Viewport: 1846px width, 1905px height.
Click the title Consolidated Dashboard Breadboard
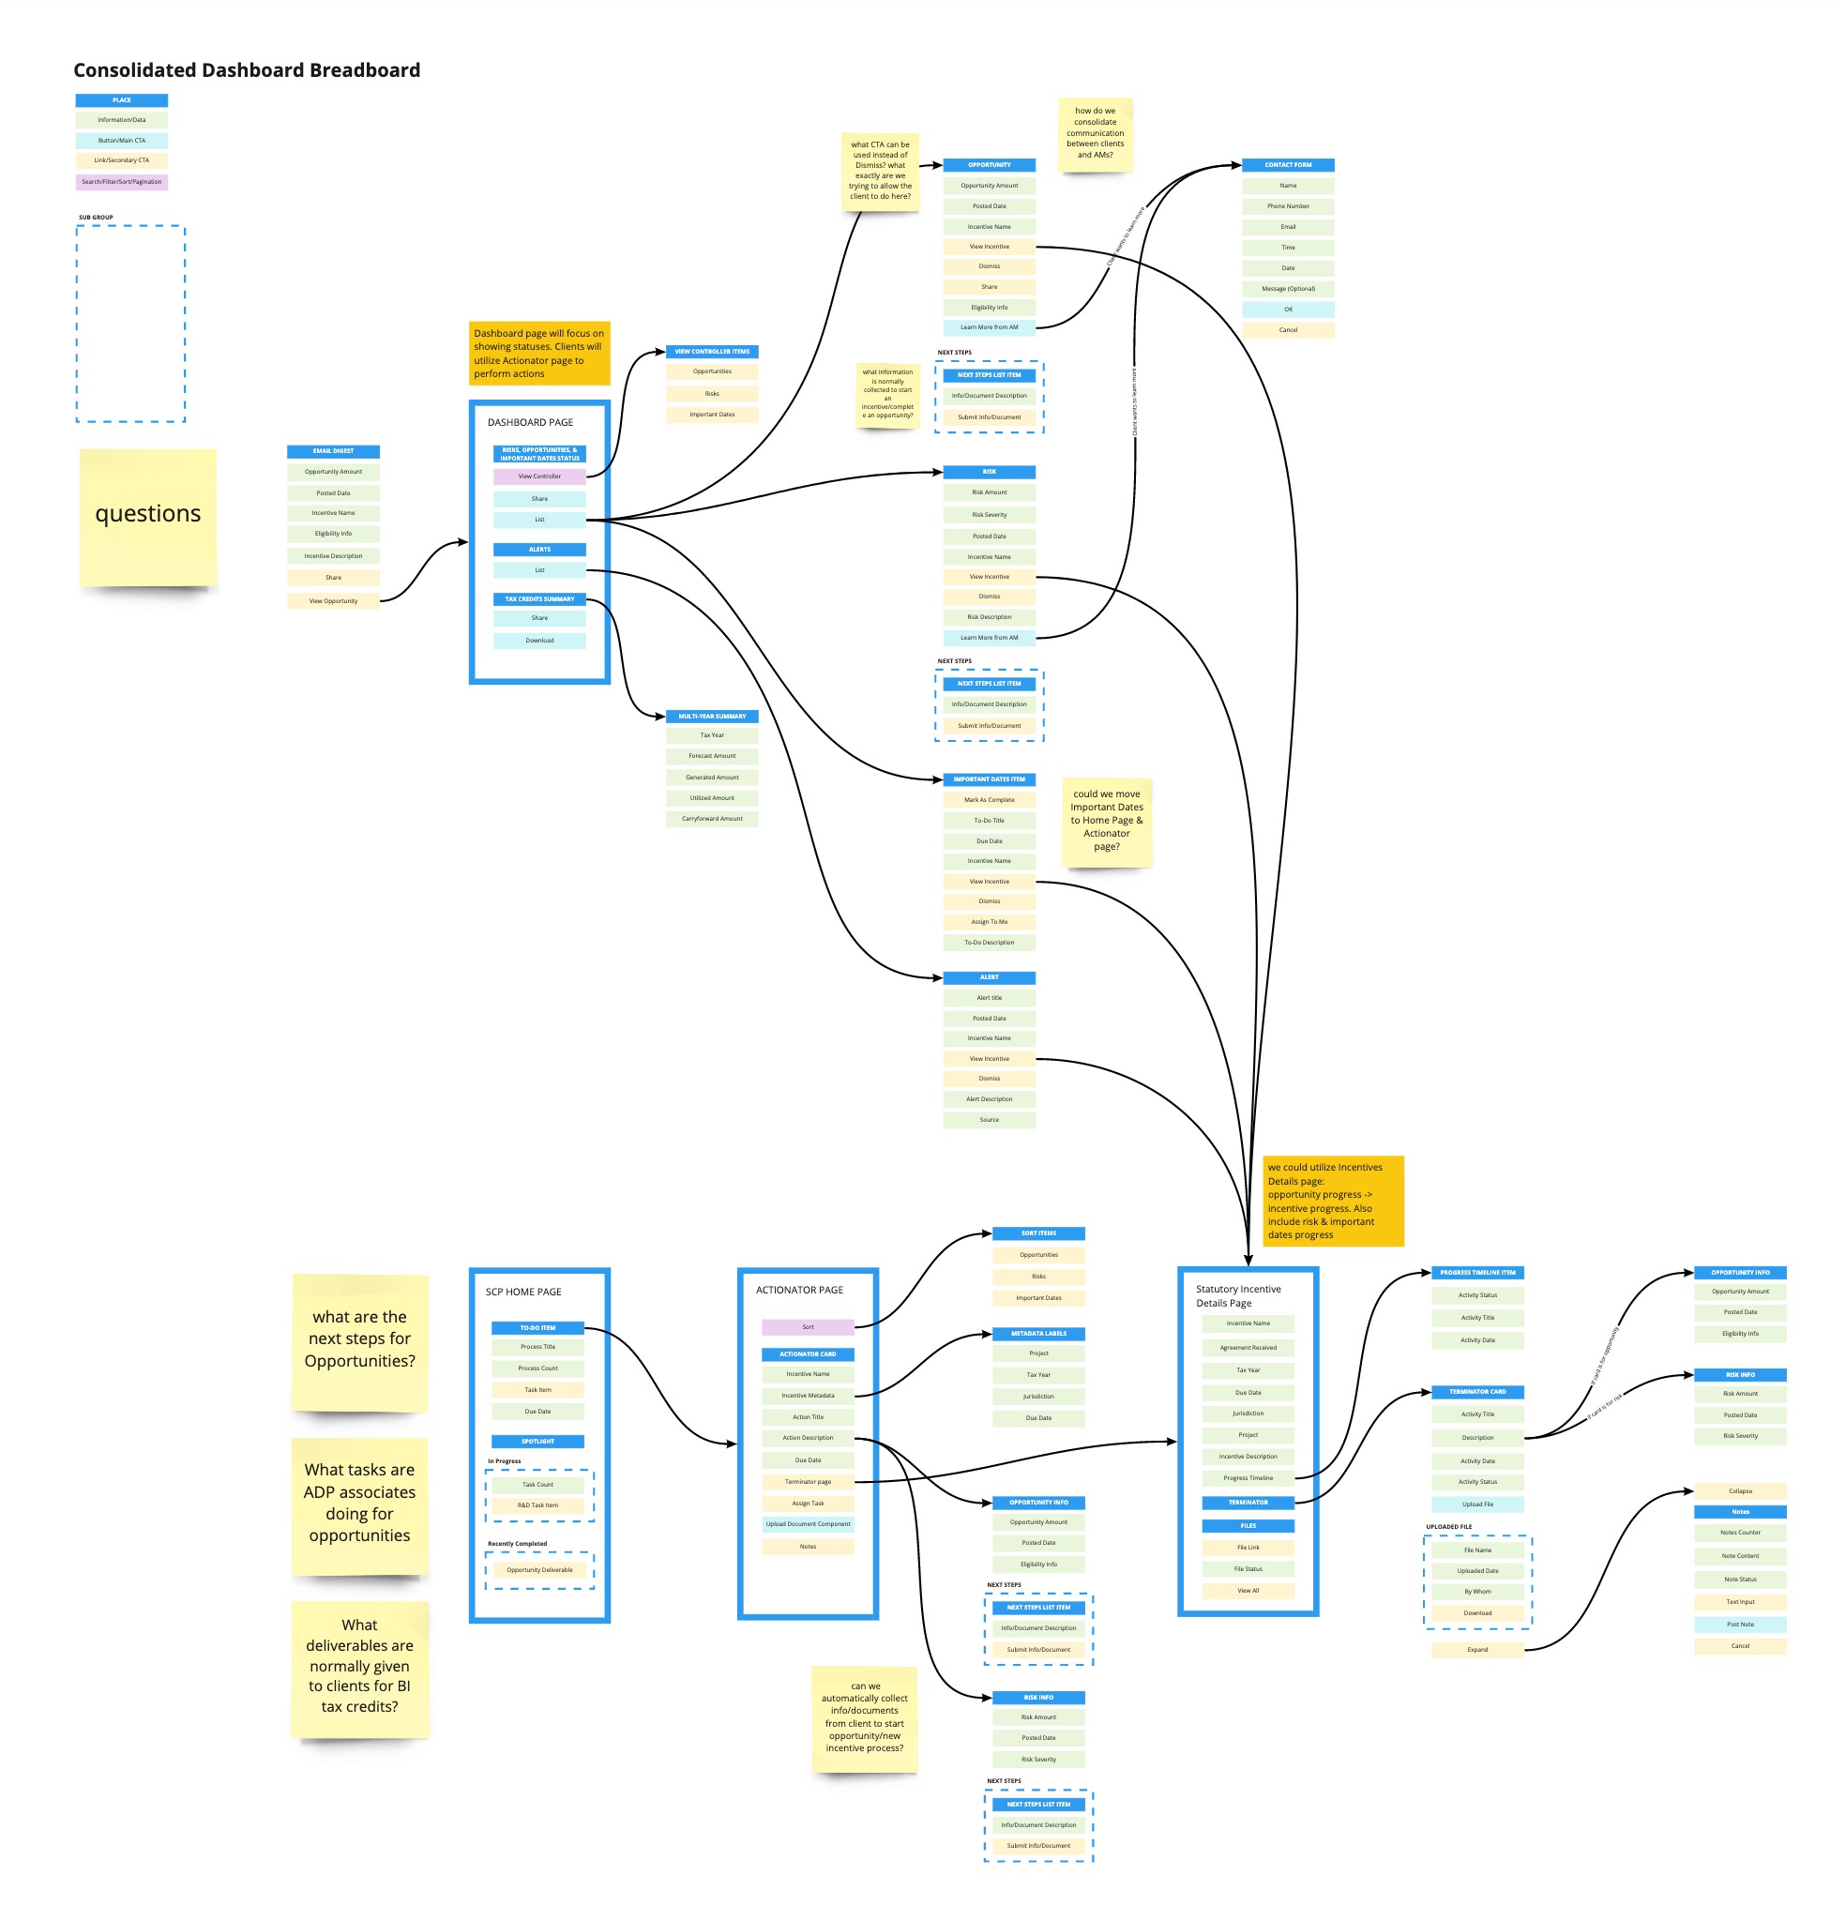(247, 70)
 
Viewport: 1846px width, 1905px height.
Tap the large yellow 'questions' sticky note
(148, 516)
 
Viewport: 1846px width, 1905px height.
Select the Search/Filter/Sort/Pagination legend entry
(122, 182)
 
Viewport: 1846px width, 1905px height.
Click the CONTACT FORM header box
(1287, 165)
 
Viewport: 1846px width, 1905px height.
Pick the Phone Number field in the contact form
(1287, 206)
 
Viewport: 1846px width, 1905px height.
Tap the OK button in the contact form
(1287, 310)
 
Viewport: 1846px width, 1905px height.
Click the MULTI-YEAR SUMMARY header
(712, 717)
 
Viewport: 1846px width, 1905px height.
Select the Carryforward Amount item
(712, 819)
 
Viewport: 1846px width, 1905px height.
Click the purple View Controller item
(538, 476)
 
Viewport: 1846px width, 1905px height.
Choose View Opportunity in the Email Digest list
(332, 600)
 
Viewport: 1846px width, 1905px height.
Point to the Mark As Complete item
(989, 800)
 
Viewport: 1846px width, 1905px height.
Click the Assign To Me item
(989, 921)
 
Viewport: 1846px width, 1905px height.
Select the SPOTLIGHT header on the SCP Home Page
(537, 1442)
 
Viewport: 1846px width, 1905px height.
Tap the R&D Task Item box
(537, 1504)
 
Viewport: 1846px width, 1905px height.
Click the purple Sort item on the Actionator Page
(807, 1326)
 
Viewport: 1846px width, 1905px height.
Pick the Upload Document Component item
(807, 1524)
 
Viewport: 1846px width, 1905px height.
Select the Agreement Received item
(1248, 1347)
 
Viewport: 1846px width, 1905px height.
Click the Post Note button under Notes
(1739, 1625)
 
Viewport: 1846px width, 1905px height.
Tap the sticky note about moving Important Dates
(1106, 821)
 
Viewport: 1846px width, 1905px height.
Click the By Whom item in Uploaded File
(1476, 1591)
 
